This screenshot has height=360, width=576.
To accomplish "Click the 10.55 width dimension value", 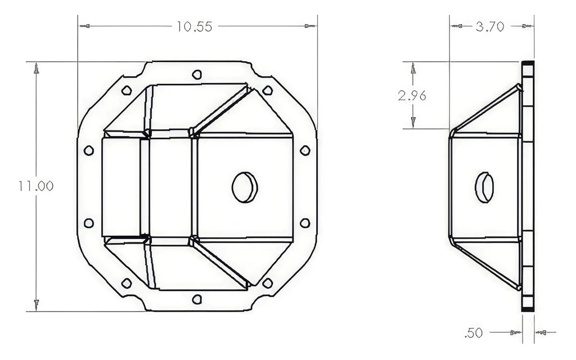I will point(194,27).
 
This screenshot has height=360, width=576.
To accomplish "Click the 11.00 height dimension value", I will point(35,186).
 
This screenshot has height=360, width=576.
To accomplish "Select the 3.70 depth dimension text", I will point(489,26).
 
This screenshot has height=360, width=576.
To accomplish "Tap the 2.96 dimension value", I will point(412,96).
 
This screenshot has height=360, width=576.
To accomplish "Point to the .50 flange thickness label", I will point(474,333).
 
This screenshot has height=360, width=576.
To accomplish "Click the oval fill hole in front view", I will point(245,187).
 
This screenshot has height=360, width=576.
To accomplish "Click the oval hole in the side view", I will point(484,187).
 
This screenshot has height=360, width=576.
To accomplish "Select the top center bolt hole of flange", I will point(196,74).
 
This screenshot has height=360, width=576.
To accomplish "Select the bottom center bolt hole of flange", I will point(196,299).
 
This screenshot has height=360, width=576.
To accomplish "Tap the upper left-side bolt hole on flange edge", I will point(88,150).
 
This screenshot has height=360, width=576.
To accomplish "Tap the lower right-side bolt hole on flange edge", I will point(305,223).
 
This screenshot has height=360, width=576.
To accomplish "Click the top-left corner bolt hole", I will point(126,90).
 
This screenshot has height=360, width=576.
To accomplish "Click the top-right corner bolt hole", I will point(268,90).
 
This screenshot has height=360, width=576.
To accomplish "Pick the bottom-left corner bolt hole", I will point(126,282).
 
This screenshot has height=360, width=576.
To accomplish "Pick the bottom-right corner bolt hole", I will point(268,282).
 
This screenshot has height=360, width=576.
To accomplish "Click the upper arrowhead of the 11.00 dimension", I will point(36,69).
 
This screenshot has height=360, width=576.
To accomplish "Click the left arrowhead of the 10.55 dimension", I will point(85,26).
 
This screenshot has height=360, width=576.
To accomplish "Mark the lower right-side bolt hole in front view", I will point(305,223).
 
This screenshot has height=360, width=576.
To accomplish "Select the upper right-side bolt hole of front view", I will point(305,150).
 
